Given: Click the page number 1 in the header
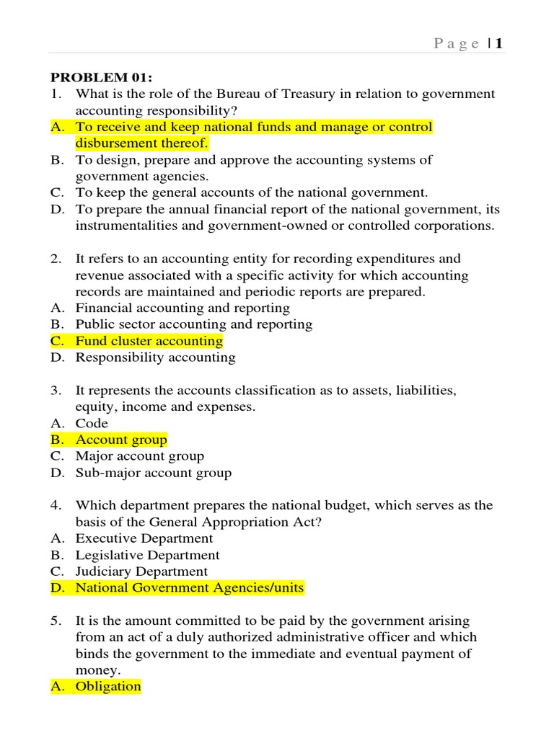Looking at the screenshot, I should click(498, 44).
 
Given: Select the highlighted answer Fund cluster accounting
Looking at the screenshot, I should click(149, 341).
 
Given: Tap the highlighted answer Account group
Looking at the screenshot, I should click(121, 440).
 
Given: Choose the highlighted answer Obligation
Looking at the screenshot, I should click(108, 686).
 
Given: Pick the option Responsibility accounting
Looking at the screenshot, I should click(155, 357).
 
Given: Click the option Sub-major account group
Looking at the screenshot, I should click(154, 473).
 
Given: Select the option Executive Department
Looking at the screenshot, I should click(144, 538).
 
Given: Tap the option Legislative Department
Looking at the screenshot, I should click(147, 555).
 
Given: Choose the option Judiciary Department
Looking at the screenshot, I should click(141, 572).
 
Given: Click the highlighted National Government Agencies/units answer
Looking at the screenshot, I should click(190, 588).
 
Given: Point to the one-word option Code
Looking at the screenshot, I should click(92, 423).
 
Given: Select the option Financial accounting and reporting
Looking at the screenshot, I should click(183, 308).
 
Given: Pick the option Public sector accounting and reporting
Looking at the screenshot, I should click(194, 324).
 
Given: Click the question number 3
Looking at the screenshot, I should click(55, 390).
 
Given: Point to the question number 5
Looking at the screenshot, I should click(55, 621).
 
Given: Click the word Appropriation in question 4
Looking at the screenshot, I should click(274, 522).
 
